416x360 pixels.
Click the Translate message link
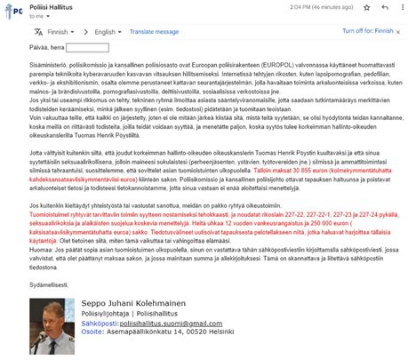point(154,30)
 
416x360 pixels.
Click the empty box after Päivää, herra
point(86,47)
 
